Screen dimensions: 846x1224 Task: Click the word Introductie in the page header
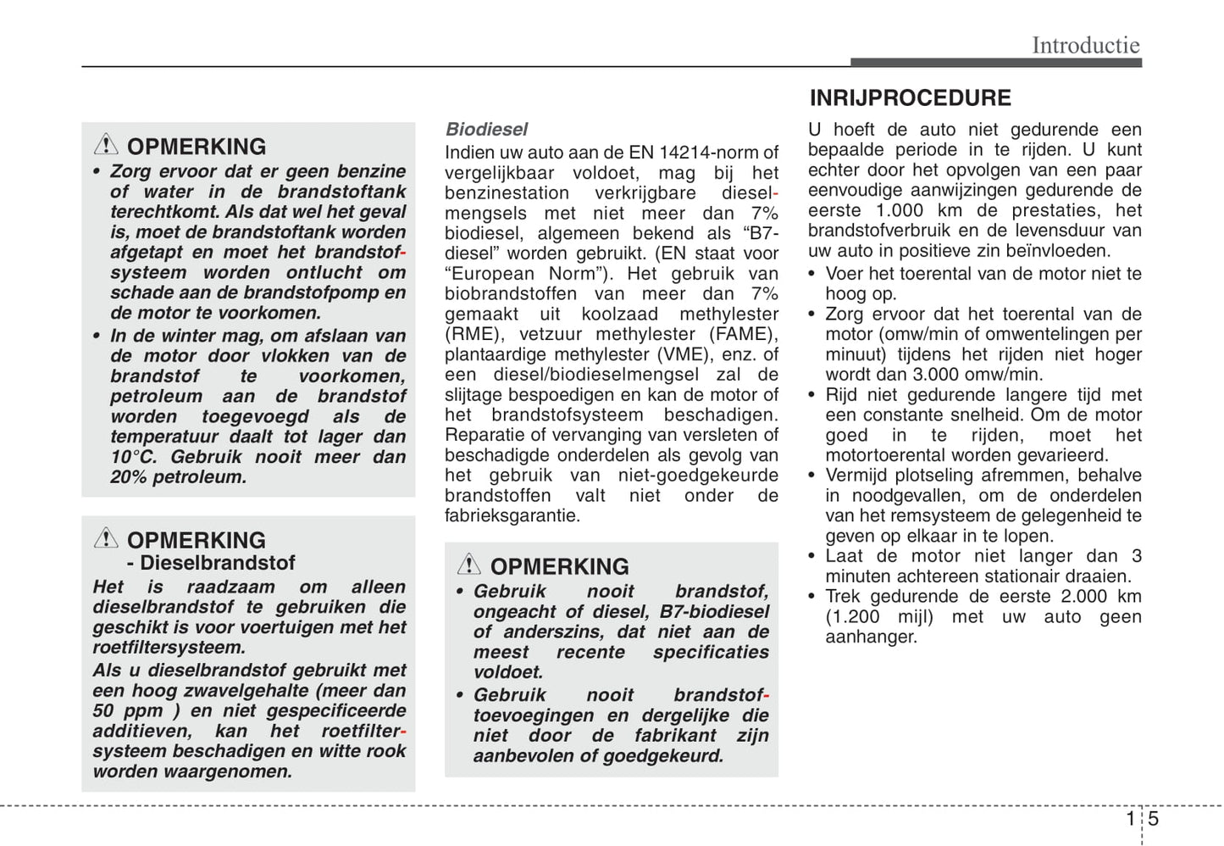tap(1085, 45)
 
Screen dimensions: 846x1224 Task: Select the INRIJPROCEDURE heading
tap(910, 98)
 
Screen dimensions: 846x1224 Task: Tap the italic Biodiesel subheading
tap(486, 130)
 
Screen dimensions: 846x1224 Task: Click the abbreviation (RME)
tap(471, 334)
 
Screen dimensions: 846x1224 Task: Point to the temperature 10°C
tap(133, 457)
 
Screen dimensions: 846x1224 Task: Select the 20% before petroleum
tap(129, 477)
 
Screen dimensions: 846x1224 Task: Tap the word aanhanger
tap(871, 637)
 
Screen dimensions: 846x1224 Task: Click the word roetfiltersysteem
tap(169, 648)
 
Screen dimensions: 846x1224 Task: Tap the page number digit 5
tap(1153, 819)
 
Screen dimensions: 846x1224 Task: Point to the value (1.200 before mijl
tap(851, 617)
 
